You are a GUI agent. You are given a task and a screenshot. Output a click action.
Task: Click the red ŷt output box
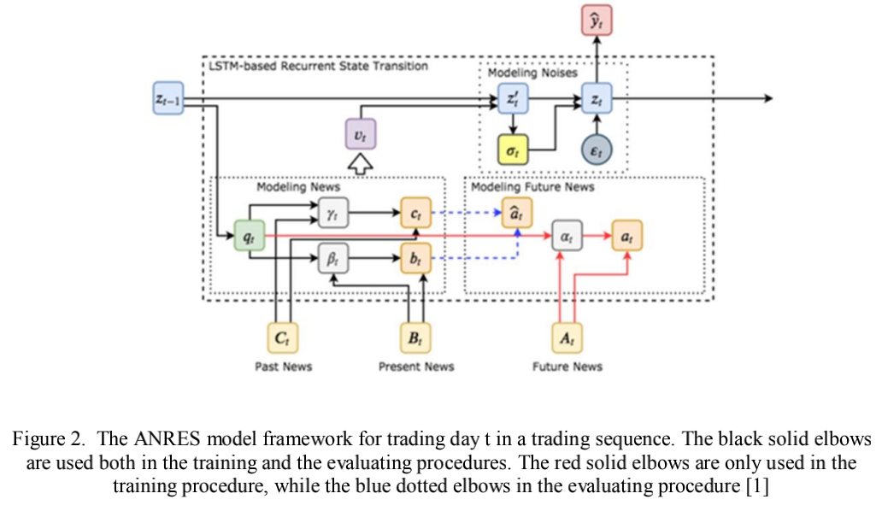pos(597,21)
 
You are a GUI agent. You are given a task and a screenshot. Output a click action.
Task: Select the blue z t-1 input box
pos(168,98)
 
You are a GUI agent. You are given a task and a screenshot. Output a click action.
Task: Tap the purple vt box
pos(361,134)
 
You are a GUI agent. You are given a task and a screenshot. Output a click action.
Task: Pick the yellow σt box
pos(513,150)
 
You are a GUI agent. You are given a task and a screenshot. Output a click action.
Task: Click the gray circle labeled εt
pos(597,150)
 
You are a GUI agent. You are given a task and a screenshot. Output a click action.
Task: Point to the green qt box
pos(250,236)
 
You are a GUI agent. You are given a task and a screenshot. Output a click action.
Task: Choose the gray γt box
pos(333,213)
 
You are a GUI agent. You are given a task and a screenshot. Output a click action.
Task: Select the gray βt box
pos(333,258)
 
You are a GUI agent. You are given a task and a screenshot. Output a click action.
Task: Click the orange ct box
pos(415,213)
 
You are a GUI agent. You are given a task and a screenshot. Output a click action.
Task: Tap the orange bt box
pos(415,258)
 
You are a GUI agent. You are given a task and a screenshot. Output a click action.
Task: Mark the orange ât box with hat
pos(516,213)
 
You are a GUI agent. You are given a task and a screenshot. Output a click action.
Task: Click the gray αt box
pos(567,236)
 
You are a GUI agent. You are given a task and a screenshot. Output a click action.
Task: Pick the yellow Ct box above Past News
pos(282,338)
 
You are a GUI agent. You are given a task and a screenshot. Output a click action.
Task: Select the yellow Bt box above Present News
pos(415,338)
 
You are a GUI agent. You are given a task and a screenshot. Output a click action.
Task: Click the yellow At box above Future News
pos(567,338)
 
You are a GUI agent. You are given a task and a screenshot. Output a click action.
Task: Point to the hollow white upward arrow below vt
pos(361,165)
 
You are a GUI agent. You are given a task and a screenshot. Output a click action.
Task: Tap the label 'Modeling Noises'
pos(532,73)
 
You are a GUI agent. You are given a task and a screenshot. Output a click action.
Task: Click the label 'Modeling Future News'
pos(532,186)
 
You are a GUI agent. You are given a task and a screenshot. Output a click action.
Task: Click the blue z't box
pos(513,98)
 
